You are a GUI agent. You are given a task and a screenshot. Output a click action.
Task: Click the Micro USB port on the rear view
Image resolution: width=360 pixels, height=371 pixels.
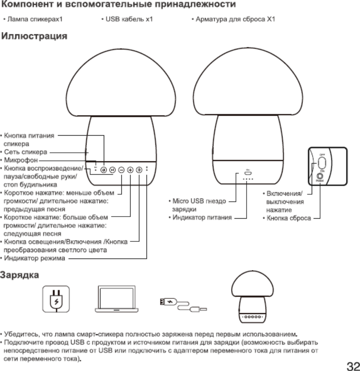coord(248,174)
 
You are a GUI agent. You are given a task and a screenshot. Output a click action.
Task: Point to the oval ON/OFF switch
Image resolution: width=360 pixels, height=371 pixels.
coord(322,162)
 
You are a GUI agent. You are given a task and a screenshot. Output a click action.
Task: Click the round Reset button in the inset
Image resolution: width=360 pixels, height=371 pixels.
coord(320,175)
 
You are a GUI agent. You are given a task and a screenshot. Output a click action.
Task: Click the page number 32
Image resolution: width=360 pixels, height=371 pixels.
coord(353,365)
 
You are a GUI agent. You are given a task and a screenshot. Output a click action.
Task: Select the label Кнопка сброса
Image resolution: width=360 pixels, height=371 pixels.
coord(289,218)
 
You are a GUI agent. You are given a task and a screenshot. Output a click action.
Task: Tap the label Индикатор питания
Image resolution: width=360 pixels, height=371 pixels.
coord(202,217)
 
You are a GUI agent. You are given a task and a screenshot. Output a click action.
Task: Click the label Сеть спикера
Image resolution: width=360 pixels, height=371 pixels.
coord(26,152)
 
